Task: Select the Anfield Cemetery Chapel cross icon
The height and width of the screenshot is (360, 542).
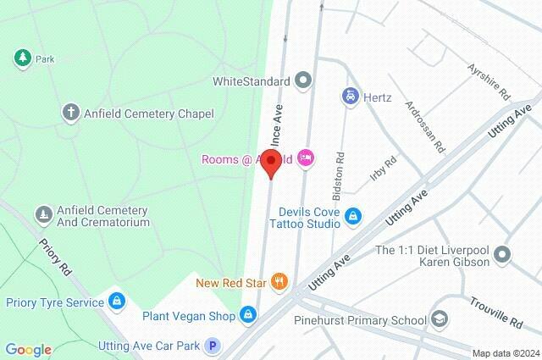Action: pyautogui.click(x=71, y=113)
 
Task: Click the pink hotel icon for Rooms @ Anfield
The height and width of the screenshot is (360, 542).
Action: pyautogui.click(x=306, y=158)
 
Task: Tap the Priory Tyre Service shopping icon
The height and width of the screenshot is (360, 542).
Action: pyautogui.click(x=116, y=301)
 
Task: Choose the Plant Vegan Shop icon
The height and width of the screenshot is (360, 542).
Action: pyautogui.click(x=246, y=316)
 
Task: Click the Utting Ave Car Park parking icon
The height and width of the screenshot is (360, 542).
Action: pyautogui.click(x=213, y=346)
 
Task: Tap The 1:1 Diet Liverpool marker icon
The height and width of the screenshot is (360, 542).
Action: pyautogui.click(x=503, y=255)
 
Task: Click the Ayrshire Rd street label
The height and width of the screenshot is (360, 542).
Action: pyautogui.click(x=489, y=78)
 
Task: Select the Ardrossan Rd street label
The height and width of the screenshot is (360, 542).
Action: pyautogui.click(x=425, y=127)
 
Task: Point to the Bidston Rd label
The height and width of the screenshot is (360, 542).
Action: pyautogui.click(x=340, y=169)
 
